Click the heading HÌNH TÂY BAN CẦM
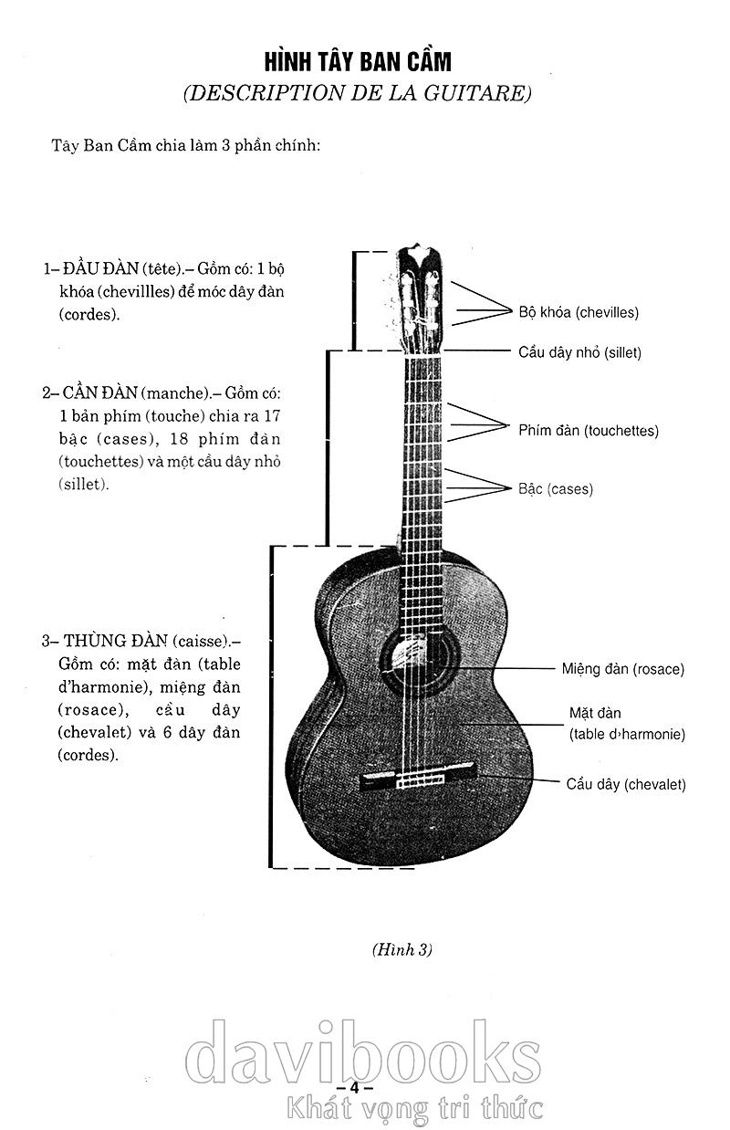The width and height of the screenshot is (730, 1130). [x=358, y=62]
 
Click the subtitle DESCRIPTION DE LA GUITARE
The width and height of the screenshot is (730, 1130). [x=357, y=94]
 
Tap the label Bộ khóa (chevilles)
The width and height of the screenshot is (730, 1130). [x=579, y=313]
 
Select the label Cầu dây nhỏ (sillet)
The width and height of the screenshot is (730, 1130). [x=579, y=352]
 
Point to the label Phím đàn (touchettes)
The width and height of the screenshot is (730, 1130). [x=589, y=431]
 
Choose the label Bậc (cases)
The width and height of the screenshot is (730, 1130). [x=556, y=489]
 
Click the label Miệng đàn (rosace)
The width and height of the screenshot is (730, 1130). [x=623, y=669]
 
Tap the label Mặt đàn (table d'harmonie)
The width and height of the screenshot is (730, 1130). [x=627, y=724]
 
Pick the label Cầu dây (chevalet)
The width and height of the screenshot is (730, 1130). [x=626, y=784]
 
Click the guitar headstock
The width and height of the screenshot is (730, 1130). [x=420, y=298]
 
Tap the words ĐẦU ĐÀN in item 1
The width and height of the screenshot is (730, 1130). [x=101, y=269]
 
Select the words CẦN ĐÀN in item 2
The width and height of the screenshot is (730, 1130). [x=99, y=393]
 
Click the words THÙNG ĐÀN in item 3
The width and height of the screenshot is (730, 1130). [x=116, y=641]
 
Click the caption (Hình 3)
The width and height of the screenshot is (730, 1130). [x=402, y=950]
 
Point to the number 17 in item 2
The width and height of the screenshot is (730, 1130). [x=272, y=416]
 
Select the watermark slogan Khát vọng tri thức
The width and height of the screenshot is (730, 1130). [x=414, y=1108]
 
